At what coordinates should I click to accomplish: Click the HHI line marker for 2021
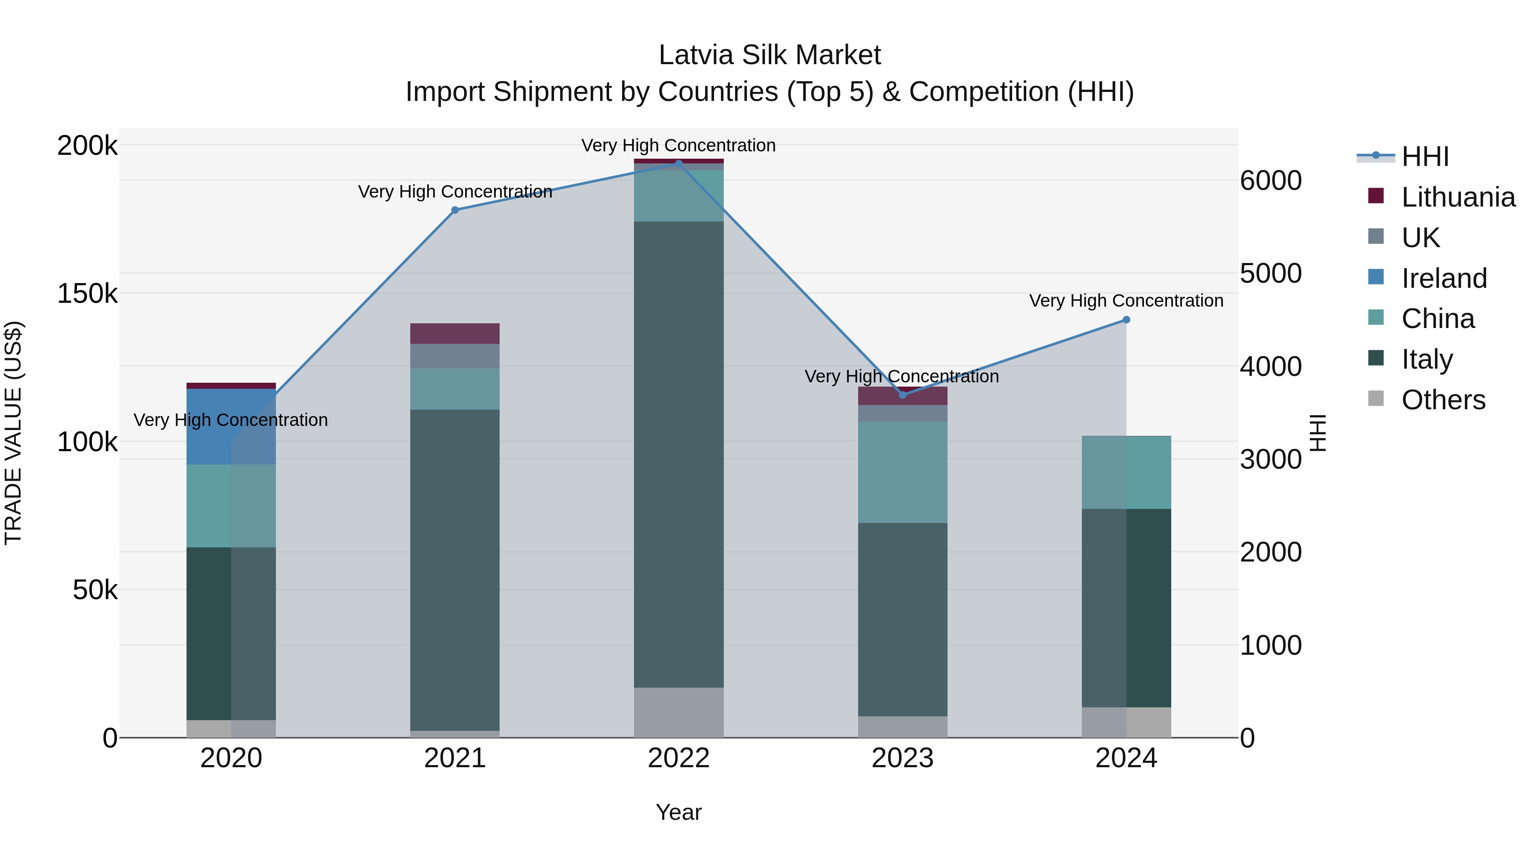pyautogui.click(x=455, y=210)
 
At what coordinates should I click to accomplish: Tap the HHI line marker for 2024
pyautogui.click(x=1126, y=320)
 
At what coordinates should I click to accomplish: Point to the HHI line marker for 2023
pyautogui.click(x=903, y=395)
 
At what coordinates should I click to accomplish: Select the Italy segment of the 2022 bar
pyautogui.click(x=678, y=454)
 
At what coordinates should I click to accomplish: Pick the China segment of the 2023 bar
pyautogui.click(x=903, y=472)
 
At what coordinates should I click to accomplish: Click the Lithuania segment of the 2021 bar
pyautogui.click(x=455, y=334)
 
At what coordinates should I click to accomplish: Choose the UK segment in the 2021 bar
pyautogui.click(x=455, y=356)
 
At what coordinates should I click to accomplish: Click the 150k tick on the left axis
pyautogui.click(x=87, y=294)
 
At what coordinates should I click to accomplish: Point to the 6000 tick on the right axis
pyautogui.click(x=1270, y=180)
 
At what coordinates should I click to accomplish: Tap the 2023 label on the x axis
pyautogui.click(x=903, y=758)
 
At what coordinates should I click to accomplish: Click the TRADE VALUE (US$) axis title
pyautogui.click(x=13, y=433)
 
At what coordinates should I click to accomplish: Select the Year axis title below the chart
pyautogui.click(x=678, y=812)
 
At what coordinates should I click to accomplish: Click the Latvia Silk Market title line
pyautogui.click(x=770, y=55)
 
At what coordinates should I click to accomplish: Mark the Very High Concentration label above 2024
pyautogui.click(x=1126, y=301)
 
